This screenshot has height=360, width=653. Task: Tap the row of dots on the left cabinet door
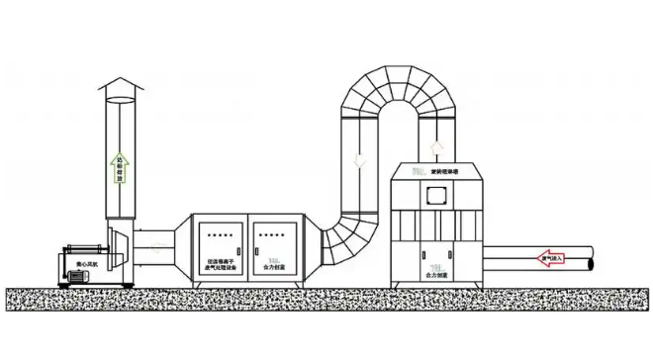coord(220,235)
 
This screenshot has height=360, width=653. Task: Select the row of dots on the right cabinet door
coord(273,235)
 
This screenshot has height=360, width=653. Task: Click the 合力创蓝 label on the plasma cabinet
coord(273,266)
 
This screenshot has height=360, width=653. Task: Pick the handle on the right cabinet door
coord(254,251)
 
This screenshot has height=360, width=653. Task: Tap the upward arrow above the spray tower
coord(436,148)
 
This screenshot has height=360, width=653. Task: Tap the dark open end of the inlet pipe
coord(590,261)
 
